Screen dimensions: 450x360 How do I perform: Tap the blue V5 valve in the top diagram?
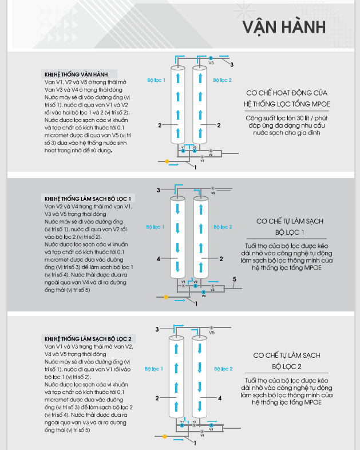(211, 58)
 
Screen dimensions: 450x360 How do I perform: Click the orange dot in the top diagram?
(167, 162)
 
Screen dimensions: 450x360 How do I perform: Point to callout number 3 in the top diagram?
(232, 65)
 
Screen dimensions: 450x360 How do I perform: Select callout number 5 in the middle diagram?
(234, 279)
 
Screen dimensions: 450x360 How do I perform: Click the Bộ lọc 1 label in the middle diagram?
(156, 227)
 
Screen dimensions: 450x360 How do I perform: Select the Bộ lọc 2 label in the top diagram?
(222, 80)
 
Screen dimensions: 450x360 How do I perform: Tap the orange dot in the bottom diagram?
(165, 436)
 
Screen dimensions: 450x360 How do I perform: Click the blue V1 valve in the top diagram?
(183, 150)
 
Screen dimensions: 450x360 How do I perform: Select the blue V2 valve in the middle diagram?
(195, 285)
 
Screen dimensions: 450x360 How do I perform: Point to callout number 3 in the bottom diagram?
(157, 329)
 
